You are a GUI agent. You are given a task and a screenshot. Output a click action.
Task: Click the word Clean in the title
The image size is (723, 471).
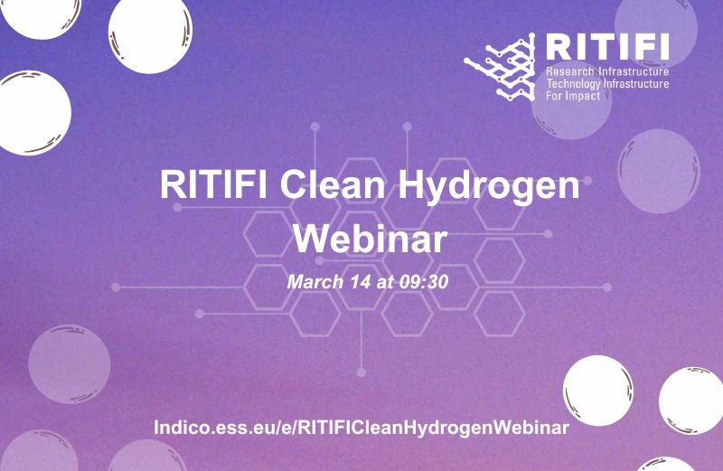coord(332,184)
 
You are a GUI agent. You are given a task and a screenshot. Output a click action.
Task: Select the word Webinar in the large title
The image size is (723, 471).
coord(371,239)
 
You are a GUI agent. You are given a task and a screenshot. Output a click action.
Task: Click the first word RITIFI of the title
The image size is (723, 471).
coord(213,184)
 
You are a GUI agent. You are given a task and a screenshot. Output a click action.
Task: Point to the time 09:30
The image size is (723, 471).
coord(424,282)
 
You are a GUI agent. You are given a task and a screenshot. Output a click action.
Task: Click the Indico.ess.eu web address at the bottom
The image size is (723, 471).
coord(361,428)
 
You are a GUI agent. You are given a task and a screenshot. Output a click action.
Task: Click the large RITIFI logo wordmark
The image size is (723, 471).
coord(607,47)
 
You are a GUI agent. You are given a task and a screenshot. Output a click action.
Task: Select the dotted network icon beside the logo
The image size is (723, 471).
coord(500,67)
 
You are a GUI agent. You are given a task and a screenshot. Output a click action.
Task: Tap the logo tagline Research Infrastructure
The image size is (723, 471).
coord(607,72)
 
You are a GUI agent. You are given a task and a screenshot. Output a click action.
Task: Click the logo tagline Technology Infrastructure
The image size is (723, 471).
coord(607,84)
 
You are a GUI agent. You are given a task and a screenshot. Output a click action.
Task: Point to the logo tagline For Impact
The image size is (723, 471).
coord(573,96)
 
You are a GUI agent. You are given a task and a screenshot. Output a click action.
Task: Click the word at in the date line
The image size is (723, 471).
coord(385,282)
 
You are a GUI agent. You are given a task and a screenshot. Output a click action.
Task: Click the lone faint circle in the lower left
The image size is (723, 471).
coord(70,364)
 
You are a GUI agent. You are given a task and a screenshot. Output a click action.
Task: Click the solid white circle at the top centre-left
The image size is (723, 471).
coord(150,33)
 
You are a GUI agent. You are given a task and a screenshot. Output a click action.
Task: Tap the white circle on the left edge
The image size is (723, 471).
coord(33,113)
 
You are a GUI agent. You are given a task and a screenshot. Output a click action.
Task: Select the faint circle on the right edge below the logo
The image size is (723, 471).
coord(659,171)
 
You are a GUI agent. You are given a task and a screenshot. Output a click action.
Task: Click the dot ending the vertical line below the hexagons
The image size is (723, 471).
coord(361,372)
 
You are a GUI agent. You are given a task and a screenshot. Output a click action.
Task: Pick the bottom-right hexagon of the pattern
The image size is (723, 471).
coord(500,314)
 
